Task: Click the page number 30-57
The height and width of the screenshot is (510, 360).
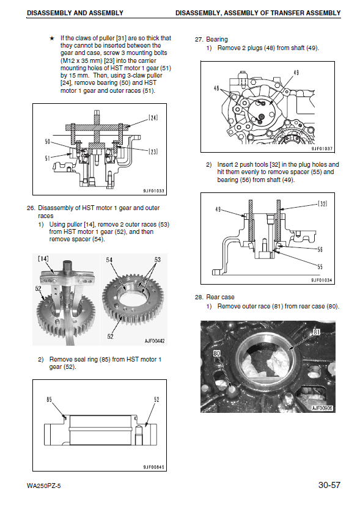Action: (x=329, y=485)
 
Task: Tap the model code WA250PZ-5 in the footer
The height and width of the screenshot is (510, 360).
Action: (x=43, y=486)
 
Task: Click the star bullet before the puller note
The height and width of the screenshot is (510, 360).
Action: (x=52, y=38)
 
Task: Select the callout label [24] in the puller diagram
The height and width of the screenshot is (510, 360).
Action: (x=153, y=117)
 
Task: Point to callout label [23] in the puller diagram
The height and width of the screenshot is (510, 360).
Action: (x=153, y=151)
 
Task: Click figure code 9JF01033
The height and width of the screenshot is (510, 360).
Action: (x=153, y=191)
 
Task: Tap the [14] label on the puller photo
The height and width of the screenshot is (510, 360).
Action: (x=43, y=258)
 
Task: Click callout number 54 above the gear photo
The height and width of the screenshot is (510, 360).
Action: (x=109, y=260)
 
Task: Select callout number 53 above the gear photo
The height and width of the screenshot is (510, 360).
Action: (x=157, y=260)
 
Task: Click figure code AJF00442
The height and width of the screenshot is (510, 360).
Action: (x=155, y=341)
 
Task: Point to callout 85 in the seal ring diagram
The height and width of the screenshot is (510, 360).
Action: (x=49, y=399)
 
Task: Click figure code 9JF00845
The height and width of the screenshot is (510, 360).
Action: (x=153, y=467)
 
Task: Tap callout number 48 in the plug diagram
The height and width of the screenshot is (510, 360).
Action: (x=216, y=88)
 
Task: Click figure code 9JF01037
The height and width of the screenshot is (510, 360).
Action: (x=322, y=148)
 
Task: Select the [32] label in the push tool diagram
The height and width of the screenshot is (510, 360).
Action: (x=322, y=203)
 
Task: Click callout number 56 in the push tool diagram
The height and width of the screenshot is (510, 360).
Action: (x=320, y=249)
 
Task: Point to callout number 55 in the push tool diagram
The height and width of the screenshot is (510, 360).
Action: (x=320, y=267)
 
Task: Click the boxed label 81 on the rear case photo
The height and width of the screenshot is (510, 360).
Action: (x=317, y=332)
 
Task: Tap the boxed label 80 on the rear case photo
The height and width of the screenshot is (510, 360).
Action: (x=217, y=354)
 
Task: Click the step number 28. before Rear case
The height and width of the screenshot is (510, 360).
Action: (x=199, y=297)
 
